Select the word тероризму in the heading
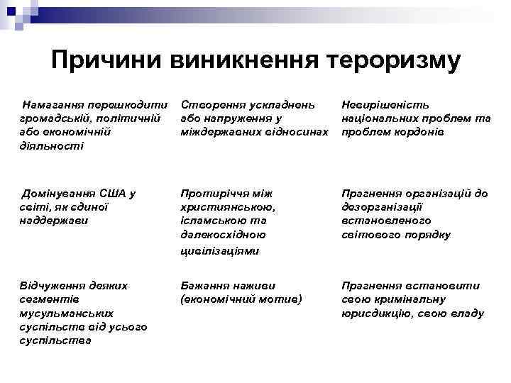coord(395,60)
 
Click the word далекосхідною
coord(223,234)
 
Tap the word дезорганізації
coord(383,206)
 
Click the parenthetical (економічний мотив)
coord(241,299)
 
